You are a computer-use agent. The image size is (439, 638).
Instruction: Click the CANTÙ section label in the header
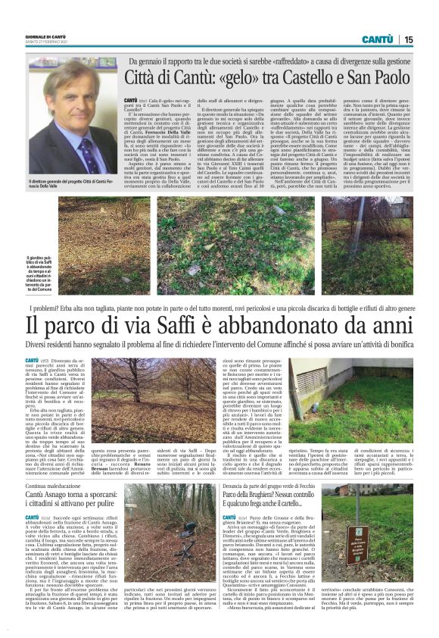point(376,39)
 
